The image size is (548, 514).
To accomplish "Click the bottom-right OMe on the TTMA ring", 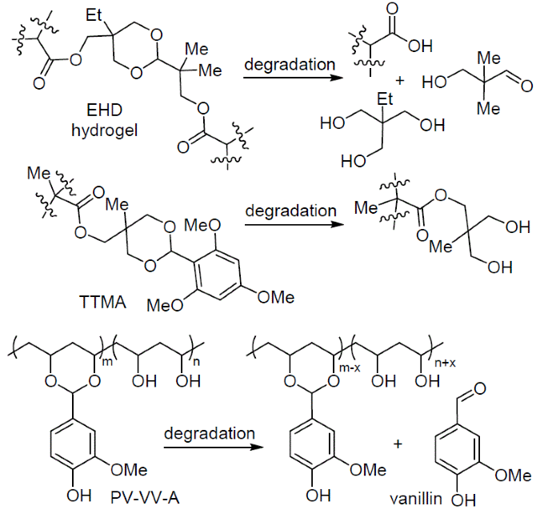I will click(x=275, y=298).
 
